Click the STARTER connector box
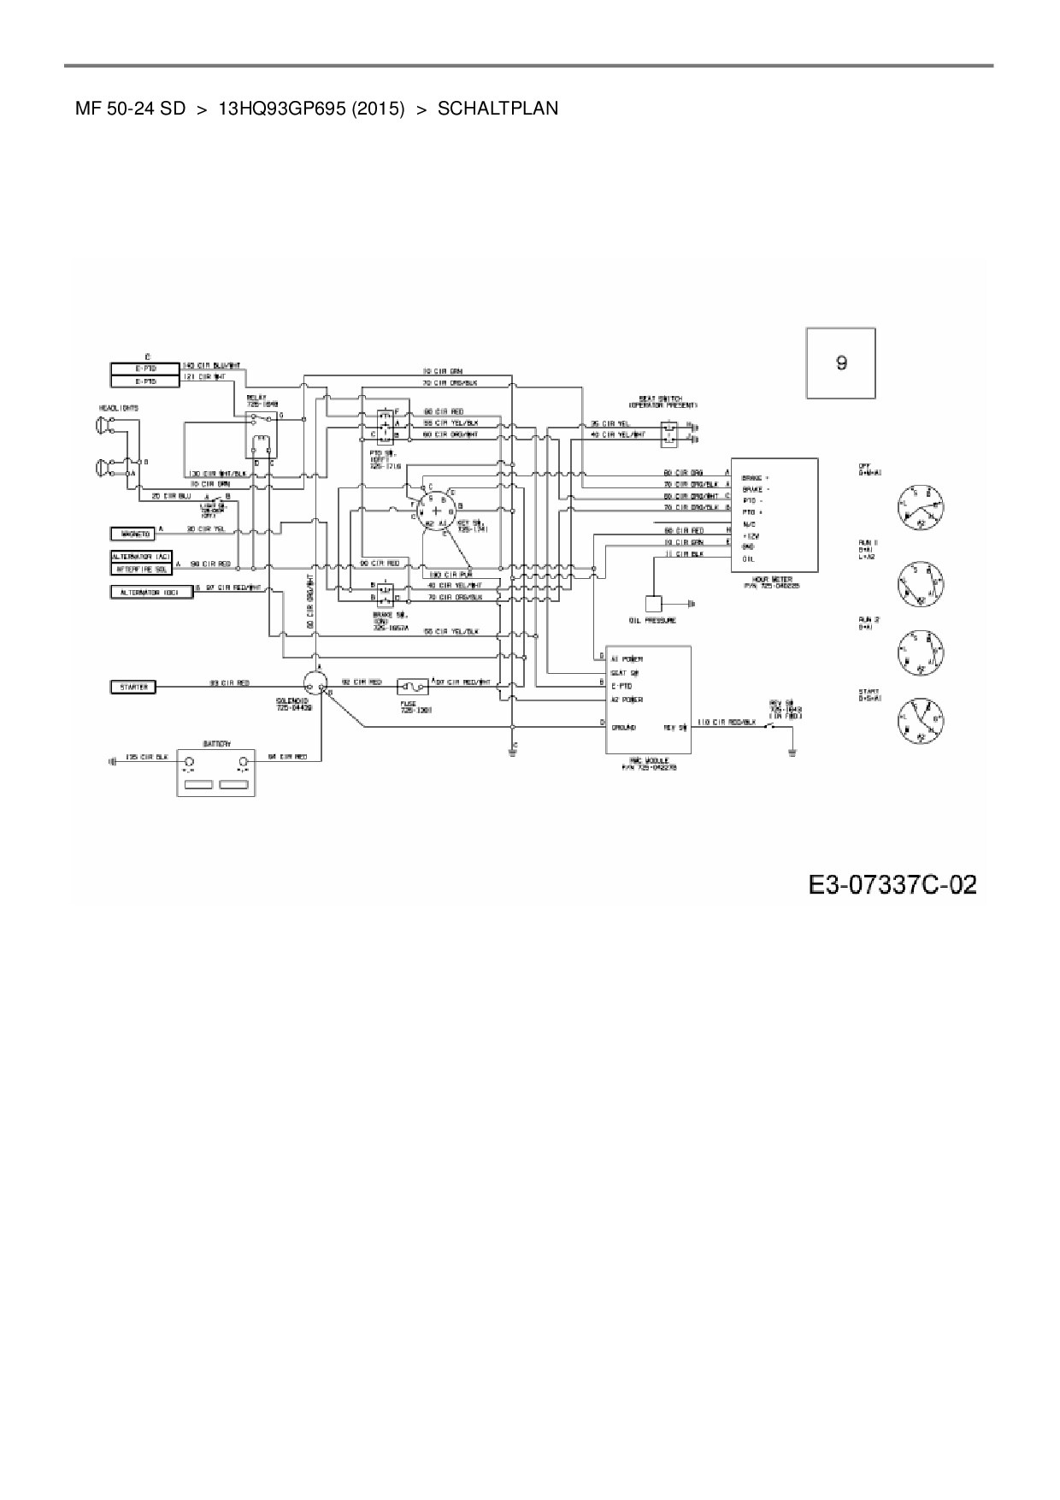pos(133,687)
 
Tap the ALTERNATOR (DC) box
pos(150,592)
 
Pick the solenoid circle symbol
pos(316,681)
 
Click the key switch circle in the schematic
pos(439,511)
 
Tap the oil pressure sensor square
pos(655,605)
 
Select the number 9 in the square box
pos(841,363)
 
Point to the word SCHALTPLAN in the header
pos(498,109)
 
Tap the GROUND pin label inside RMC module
pos(623,727)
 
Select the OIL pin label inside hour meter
pos(748,558)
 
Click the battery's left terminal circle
pos(190,761)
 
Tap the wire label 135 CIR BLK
pos(146,757)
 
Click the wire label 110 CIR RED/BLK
pos(727,723)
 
